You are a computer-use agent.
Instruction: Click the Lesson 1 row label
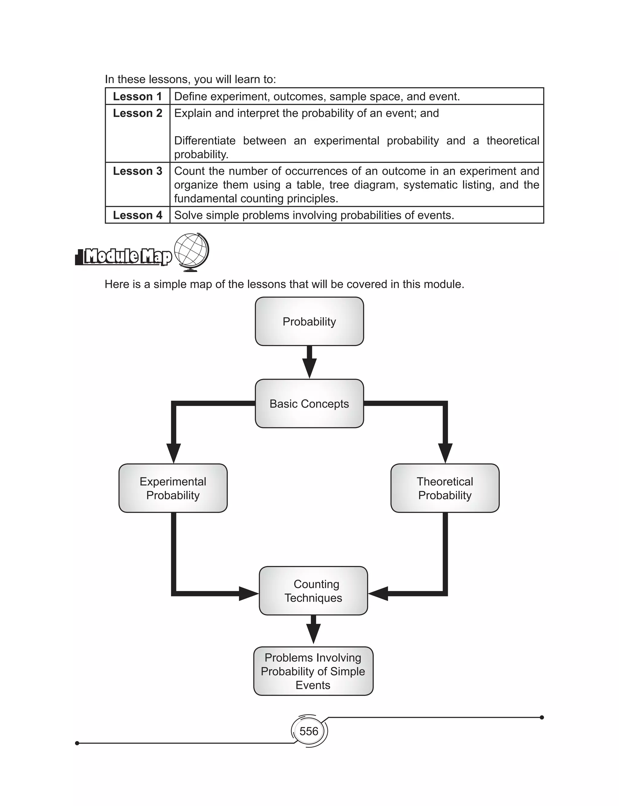138,96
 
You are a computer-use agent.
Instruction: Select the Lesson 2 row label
138,113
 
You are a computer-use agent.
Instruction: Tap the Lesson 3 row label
138,171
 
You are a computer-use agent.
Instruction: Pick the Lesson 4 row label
138,215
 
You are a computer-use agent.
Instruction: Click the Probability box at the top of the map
309,322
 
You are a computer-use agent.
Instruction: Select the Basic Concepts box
309,404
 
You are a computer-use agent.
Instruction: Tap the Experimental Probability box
173,488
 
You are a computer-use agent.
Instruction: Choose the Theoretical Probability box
445,488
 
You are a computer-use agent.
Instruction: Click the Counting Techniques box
313,591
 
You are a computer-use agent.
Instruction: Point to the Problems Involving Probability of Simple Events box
313,671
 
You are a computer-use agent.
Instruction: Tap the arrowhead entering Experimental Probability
173,453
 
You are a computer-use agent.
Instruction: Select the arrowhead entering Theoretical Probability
445,453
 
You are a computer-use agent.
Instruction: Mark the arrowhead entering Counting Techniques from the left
248,593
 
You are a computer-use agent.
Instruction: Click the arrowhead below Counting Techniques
313,633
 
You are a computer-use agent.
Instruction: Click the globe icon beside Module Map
191,252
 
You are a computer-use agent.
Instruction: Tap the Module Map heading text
128,256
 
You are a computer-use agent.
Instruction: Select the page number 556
309,731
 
